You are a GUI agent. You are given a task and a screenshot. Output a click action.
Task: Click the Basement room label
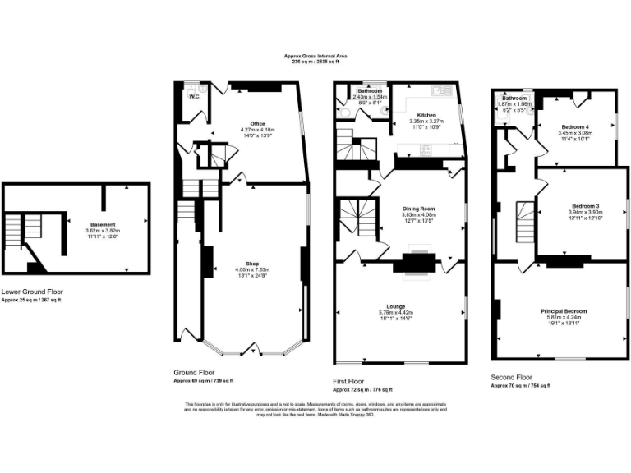coord(103,224)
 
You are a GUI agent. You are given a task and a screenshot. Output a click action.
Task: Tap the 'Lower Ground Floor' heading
coord(31,292)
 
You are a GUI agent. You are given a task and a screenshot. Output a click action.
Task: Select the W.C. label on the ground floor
coord(195,97)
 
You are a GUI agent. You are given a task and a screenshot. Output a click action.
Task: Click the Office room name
coord(257,124)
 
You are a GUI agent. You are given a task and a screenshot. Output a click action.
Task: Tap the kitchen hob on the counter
coord(426,149)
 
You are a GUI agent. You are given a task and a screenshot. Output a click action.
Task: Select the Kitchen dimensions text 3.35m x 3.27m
coord(426,122)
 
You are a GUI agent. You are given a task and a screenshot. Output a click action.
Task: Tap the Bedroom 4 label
coord(574,125)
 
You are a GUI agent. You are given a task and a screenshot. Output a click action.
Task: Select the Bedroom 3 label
coord(585,205)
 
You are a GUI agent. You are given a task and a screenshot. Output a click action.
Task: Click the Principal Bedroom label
coord(563,311)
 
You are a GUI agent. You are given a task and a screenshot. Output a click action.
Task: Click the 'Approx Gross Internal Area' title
coord(315,56)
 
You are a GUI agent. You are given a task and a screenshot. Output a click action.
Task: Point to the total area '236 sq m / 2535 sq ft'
coord(315,62)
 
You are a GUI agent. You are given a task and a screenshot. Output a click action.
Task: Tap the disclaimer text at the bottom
coord(315,409)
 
